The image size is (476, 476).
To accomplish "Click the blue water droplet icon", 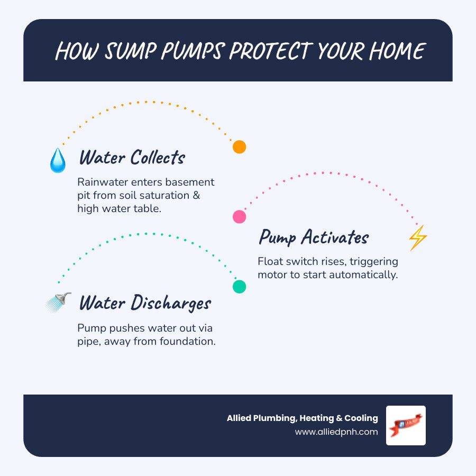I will [58, 160].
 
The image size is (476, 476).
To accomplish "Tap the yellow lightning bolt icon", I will [418, 238].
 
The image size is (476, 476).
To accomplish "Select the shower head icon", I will [59, 303].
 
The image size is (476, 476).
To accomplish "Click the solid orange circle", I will [240, 147].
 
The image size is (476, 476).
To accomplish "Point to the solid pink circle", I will [240, 216].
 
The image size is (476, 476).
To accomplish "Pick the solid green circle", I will [240, 287].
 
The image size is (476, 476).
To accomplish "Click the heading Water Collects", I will [132, 158].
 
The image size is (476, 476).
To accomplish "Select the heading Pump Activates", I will [313, 237].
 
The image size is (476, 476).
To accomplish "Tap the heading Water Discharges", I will [145, 304].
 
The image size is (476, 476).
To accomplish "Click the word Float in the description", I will [270, 262].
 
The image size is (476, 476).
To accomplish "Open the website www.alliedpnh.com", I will [336, 432].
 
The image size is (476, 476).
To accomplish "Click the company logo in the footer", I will [406, 425].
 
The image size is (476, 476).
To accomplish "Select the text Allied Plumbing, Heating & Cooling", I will [302, 418].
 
